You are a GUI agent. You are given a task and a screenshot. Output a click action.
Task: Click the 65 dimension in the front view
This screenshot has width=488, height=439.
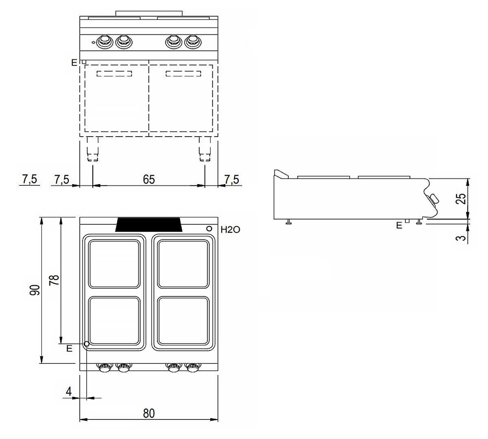pos(149,180)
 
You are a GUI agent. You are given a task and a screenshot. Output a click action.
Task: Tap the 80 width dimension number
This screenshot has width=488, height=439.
pos(149,413)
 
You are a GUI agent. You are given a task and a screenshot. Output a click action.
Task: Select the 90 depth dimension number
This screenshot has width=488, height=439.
pos(35,290)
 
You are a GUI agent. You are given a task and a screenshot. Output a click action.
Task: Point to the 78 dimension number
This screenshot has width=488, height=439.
pos(54,280)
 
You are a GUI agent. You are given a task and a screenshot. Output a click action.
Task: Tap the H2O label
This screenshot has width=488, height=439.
pos(230,230)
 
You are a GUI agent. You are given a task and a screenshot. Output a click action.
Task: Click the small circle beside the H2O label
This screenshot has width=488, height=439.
pos(209,228)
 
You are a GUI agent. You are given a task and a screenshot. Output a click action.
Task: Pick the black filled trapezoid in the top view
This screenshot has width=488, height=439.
pos(149,224)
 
